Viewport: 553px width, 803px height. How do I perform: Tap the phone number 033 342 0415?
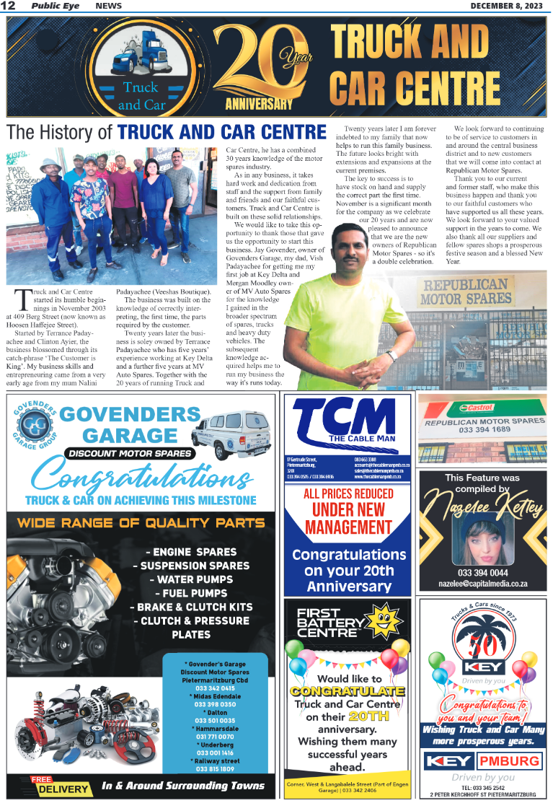tap(214, 688)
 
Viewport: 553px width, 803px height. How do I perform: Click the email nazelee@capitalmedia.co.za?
tap(483, 584)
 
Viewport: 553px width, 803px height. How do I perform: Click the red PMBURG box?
tap(510, 761)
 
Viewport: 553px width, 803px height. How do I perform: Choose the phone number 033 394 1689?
tap(484, 429)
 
